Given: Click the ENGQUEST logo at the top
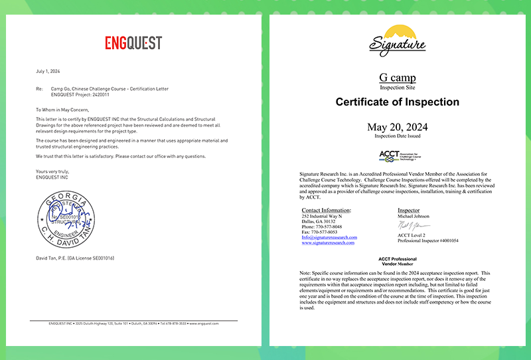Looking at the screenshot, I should point(133,43).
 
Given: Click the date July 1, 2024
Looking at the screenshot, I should point(48,70).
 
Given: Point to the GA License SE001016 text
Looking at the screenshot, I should point(90,258).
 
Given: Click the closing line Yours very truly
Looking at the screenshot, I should point(52,171).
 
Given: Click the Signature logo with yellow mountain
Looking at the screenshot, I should point(397,39).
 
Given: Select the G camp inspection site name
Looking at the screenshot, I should point(397,78).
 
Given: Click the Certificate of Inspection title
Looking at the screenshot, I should point(397,102).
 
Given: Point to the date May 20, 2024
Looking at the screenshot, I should point(397,127).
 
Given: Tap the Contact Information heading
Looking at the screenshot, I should point(326,210).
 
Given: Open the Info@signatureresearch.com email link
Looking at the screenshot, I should point(329,237).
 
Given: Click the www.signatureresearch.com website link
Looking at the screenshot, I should point(329,243).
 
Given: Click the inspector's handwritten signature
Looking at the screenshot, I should point(414,226).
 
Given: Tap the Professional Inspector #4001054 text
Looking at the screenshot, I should point(427,241).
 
